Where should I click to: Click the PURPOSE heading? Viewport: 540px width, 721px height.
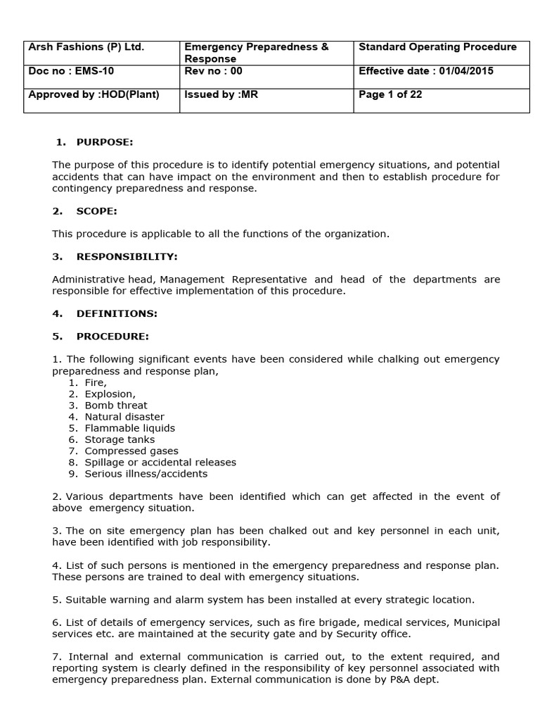click(104, 142)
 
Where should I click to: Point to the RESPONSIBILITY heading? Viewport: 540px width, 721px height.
click(127, 256)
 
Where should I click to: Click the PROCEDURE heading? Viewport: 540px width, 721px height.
click(112, 337)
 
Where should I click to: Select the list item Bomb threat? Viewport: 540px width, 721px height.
click(116, 406)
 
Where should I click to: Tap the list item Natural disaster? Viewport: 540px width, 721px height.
click(124, 417)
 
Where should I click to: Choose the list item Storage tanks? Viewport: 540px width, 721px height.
click(120, 439)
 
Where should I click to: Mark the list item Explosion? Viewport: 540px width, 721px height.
click(110, 394)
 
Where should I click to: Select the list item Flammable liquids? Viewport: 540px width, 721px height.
click(129, 428)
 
